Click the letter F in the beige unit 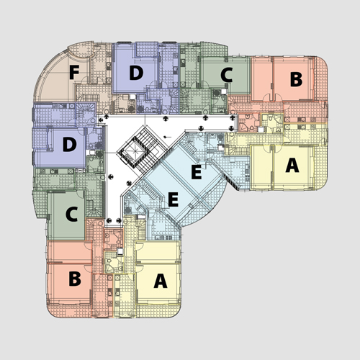pyautogui.click(x=74, y=72)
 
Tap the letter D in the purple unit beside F pyautogui.click(x=136, y=73)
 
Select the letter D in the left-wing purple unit pyautogui.click(x=70, y=144)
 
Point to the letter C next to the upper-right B pyautogui.click(x=227, y=75)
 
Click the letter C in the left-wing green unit pyautogui.click(x=71, y=214)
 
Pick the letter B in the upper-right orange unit pyautogui.click(x=296, y=79)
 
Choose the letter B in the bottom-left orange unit pyautogui.click(x=75, y=279)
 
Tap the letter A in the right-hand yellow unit pyautogui.click(x=292, y=166)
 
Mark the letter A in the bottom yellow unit pyautogui.click(x=161, y=281)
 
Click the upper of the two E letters pyautogui.click(x=197, y=172)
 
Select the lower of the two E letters pyautogui.click(x=174, y=199)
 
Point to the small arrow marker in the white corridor pyautogui.click(x=167, y=137)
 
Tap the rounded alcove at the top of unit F pyautogui.click(x=81, y=50)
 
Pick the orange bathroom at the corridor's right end pyautogui.click(x=248, y=122)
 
